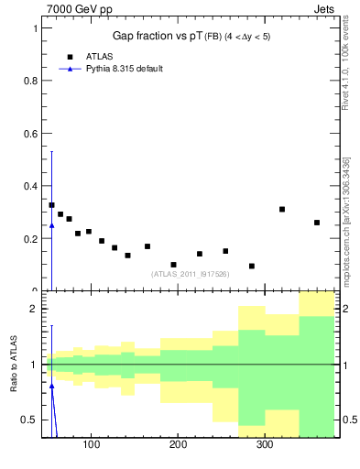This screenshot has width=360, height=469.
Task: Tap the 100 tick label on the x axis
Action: [x=91, y=445]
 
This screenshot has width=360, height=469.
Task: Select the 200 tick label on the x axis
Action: [x=178, y=445]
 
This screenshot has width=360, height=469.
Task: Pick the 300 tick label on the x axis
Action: [x=264, y=445]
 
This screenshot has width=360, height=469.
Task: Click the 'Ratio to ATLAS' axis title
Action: [x=14, y=365]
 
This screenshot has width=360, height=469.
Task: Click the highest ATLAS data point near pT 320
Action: [x=282, y=209]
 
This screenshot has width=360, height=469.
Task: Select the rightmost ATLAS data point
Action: [x=317, y=223]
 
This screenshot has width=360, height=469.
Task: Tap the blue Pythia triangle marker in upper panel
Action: [x=51, y=225]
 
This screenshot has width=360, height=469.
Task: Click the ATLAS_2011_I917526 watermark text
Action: [x=191, y=274]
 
